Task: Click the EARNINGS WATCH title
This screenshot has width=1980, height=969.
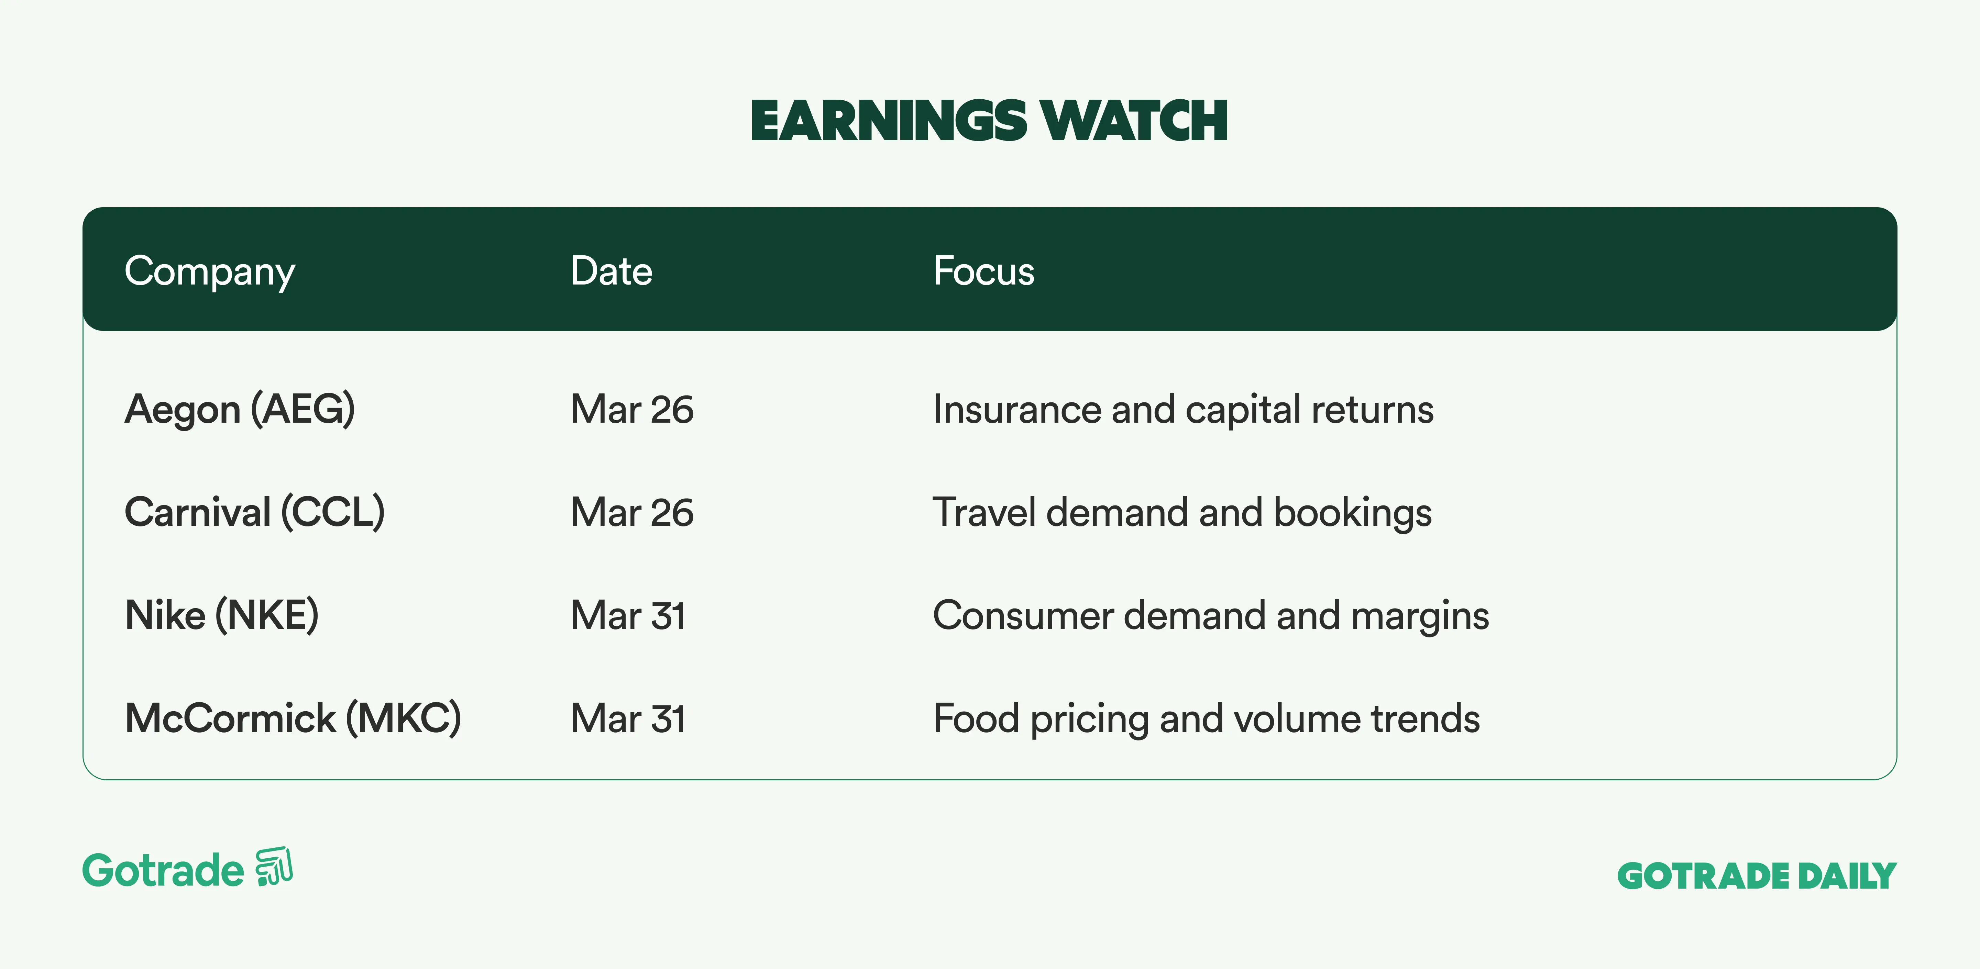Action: click(989, 121)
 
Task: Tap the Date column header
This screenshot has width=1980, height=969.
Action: click(611, 271)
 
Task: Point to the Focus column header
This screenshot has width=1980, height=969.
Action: click(984, 271)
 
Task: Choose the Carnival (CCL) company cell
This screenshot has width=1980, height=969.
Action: click(254, 513)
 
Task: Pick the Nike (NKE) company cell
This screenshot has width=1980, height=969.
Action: click(221, 615)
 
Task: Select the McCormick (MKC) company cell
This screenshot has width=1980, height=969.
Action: click(293, 719)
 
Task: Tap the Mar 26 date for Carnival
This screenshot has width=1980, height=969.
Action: click(632, 513)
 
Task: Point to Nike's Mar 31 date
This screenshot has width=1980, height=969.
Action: click(628, 615)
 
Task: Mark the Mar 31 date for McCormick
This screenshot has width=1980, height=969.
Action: click(628, 719)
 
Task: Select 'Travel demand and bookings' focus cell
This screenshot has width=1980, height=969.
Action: click(1182, 513)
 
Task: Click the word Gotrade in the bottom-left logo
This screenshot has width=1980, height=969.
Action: click(163, 871)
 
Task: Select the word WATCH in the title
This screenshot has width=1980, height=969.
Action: click(1134, 121)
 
